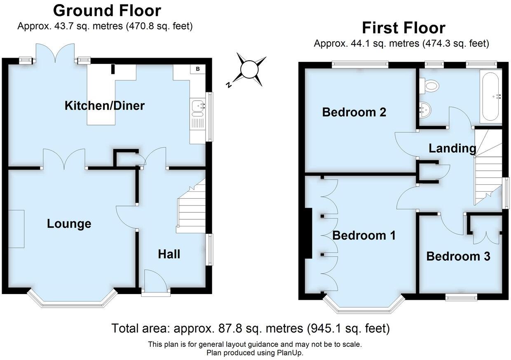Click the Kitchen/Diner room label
pyautogui.click(x=105, y=106)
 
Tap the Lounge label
pyautogui.click(x=69, y=224)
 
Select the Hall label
pyautogui.click(x=169, y=254)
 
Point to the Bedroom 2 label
pyautogui.click(x=354, y=112)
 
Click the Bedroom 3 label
pyautogui.click(x=458, y=256)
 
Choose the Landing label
pyautogui.click(x=452, y=148)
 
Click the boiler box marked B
pyautogui.click(x=198, y=69)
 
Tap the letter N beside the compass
pyautogui.click(x=228, y=85)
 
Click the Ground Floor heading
pyautogui.click(x=107, y=10)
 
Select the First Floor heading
pyautogui.click(x=403, y=28)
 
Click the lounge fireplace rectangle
pyautogui.click(x=16, y=229)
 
